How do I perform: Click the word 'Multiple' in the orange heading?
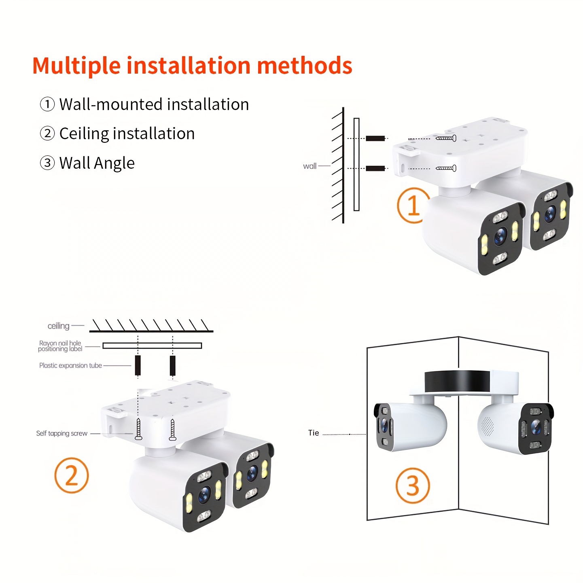(76, 66)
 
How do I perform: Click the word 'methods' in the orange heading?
(304, 65)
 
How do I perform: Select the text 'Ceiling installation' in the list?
(127, 134)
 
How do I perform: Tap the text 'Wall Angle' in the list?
(97, 163)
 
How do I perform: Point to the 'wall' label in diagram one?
(310, 166)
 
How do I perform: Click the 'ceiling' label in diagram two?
(58, 326)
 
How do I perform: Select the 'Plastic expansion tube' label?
(70, 365)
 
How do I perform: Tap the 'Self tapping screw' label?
(62, 433)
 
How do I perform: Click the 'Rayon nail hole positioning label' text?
(60, 346)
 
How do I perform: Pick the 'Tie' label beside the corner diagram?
(314, 433)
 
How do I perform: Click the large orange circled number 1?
(413, 205)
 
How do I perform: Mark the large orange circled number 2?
(71, 475)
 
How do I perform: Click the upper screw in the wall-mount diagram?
(446, 138)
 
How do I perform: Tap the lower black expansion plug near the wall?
(375, 168)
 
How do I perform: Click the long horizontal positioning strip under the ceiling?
(152, 346)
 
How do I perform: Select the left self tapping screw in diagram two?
(138, 429)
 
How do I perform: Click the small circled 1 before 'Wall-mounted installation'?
(47, 104)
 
